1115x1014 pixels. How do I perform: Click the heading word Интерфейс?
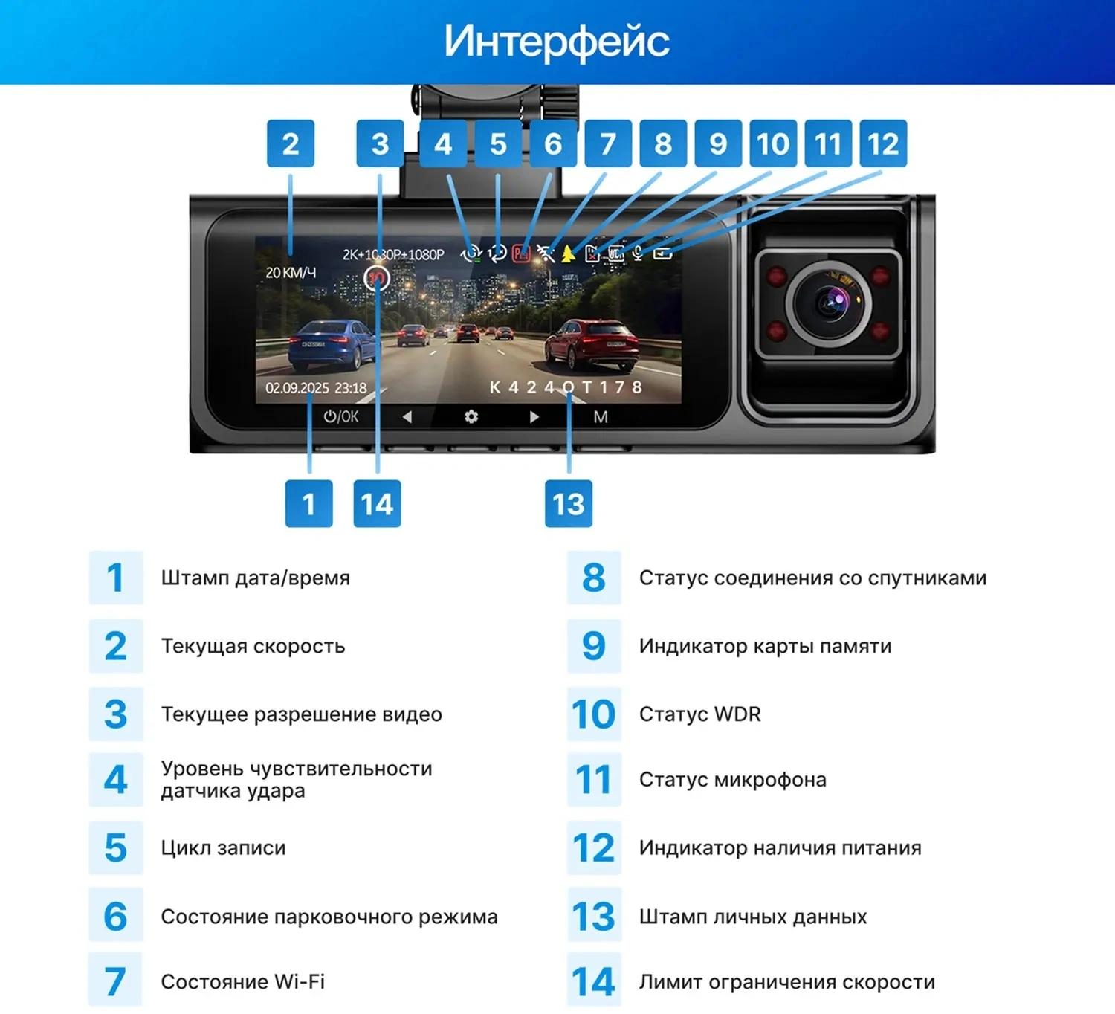click(557, 41)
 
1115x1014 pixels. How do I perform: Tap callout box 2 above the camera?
click(291, 143)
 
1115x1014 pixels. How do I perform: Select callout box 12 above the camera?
click(883, 143)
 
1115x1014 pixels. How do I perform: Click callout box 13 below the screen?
click(569, 504)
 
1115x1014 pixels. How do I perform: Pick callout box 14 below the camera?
click(378, 504)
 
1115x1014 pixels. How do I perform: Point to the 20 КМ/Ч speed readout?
click(291, 272)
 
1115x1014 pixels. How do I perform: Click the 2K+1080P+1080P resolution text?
click(393, 254)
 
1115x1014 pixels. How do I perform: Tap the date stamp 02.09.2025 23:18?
click(316, 387)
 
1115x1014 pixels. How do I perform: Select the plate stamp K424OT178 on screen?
click(566, 387)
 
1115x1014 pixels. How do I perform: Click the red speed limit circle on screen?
click(377, 278)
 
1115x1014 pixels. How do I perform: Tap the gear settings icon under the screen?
click(471, 416)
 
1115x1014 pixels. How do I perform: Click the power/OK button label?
click(340, 416)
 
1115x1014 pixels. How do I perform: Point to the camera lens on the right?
click(832, 303)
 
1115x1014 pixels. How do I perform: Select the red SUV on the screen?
click(592, 343)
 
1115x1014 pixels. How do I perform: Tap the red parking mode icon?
click(521, 254)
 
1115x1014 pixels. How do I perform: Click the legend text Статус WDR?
click(699, 714)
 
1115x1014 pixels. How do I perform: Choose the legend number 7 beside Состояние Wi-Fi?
click(115, 982)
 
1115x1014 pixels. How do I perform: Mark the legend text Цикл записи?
click(224, 847)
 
